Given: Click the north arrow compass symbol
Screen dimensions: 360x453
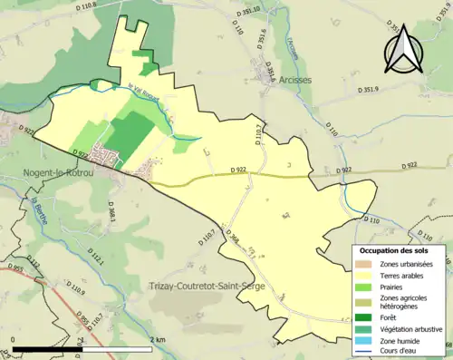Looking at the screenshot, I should coord(404,50).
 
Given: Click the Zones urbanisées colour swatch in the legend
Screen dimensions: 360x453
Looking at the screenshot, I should coord(367,264).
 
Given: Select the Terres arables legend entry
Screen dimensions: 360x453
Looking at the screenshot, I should coord(407,277).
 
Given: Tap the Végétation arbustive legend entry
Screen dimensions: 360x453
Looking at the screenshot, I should coord(413,329).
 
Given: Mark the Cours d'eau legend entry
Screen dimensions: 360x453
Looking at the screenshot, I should coord(404,355).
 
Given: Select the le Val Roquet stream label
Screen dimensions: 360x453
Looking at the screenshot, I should coord(144,92).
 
